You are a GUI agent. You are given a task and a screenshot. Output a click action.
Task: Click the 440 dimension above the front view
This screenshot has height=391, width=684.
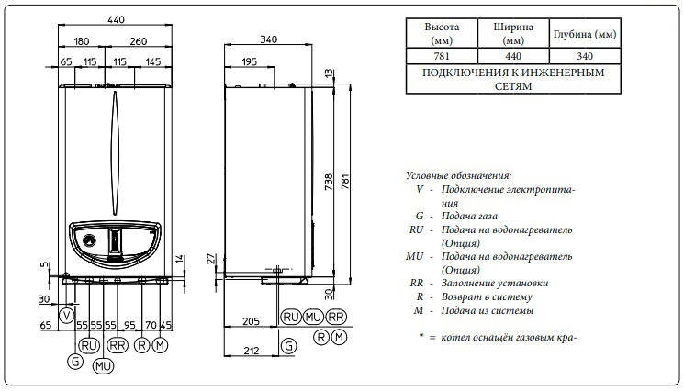pyautogui.click(x=115, y=18)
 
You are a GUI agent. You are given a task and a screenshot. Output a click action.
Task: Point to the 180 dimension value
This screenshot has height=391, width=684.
pyautogui.click(x=81, y=41)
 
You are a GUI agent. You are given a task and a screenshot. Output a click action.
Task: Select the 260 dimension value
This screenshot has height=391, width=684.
pyautogui.click(x=138, y=41)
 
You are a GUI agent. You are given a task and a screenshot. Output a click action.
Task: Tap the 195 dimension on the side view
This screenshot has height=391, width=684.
pyautogui.click(x=249, y=61)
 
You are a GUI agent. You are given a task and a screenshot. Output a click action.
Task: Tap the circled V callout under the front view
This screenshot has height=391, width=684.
pyautogui.click(x=65, y=315)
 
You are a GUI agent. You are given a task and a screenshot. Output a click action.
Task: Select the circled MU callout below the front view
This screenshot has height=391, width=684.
pyautogui.click(x=103, y=364)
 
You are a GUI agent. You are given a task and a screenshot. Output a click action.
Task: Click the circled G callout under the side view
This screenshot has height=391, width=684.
pyautogui.click(x=290, y=345)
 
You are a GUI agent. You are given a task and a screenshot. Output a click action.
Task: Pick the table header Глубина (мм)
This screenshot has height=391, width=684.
pyautogui.click(x=583, y=34)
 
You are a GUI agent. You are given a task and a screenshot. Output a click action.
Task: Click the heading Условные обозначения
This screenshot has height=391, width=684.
pyautogui.click(x=458, y=174)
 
